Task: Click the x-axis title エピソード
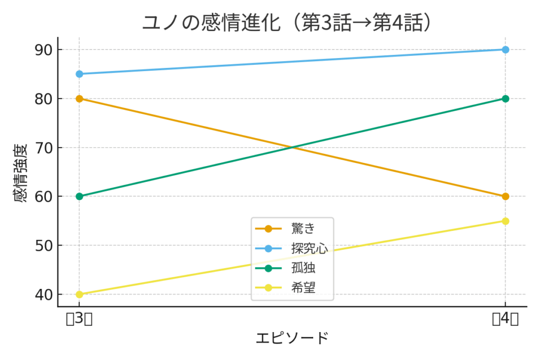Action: pos(292,338)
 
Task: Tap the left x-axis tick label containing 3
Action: pos(79,319)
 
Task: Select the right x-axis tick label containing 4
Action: pos(505,319)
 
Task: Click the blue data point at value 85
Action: pos(79,74)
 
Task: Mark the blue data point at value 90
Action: pos(505,50)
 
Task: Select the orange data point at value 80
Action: pos(79,99)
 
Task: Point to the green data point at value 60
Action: pos(79,197)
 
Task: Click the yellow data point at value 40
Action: pos(79,294)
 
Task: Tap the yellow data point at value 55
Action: pos(505,221)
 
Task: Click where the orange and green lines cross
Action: pos(292,148)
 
